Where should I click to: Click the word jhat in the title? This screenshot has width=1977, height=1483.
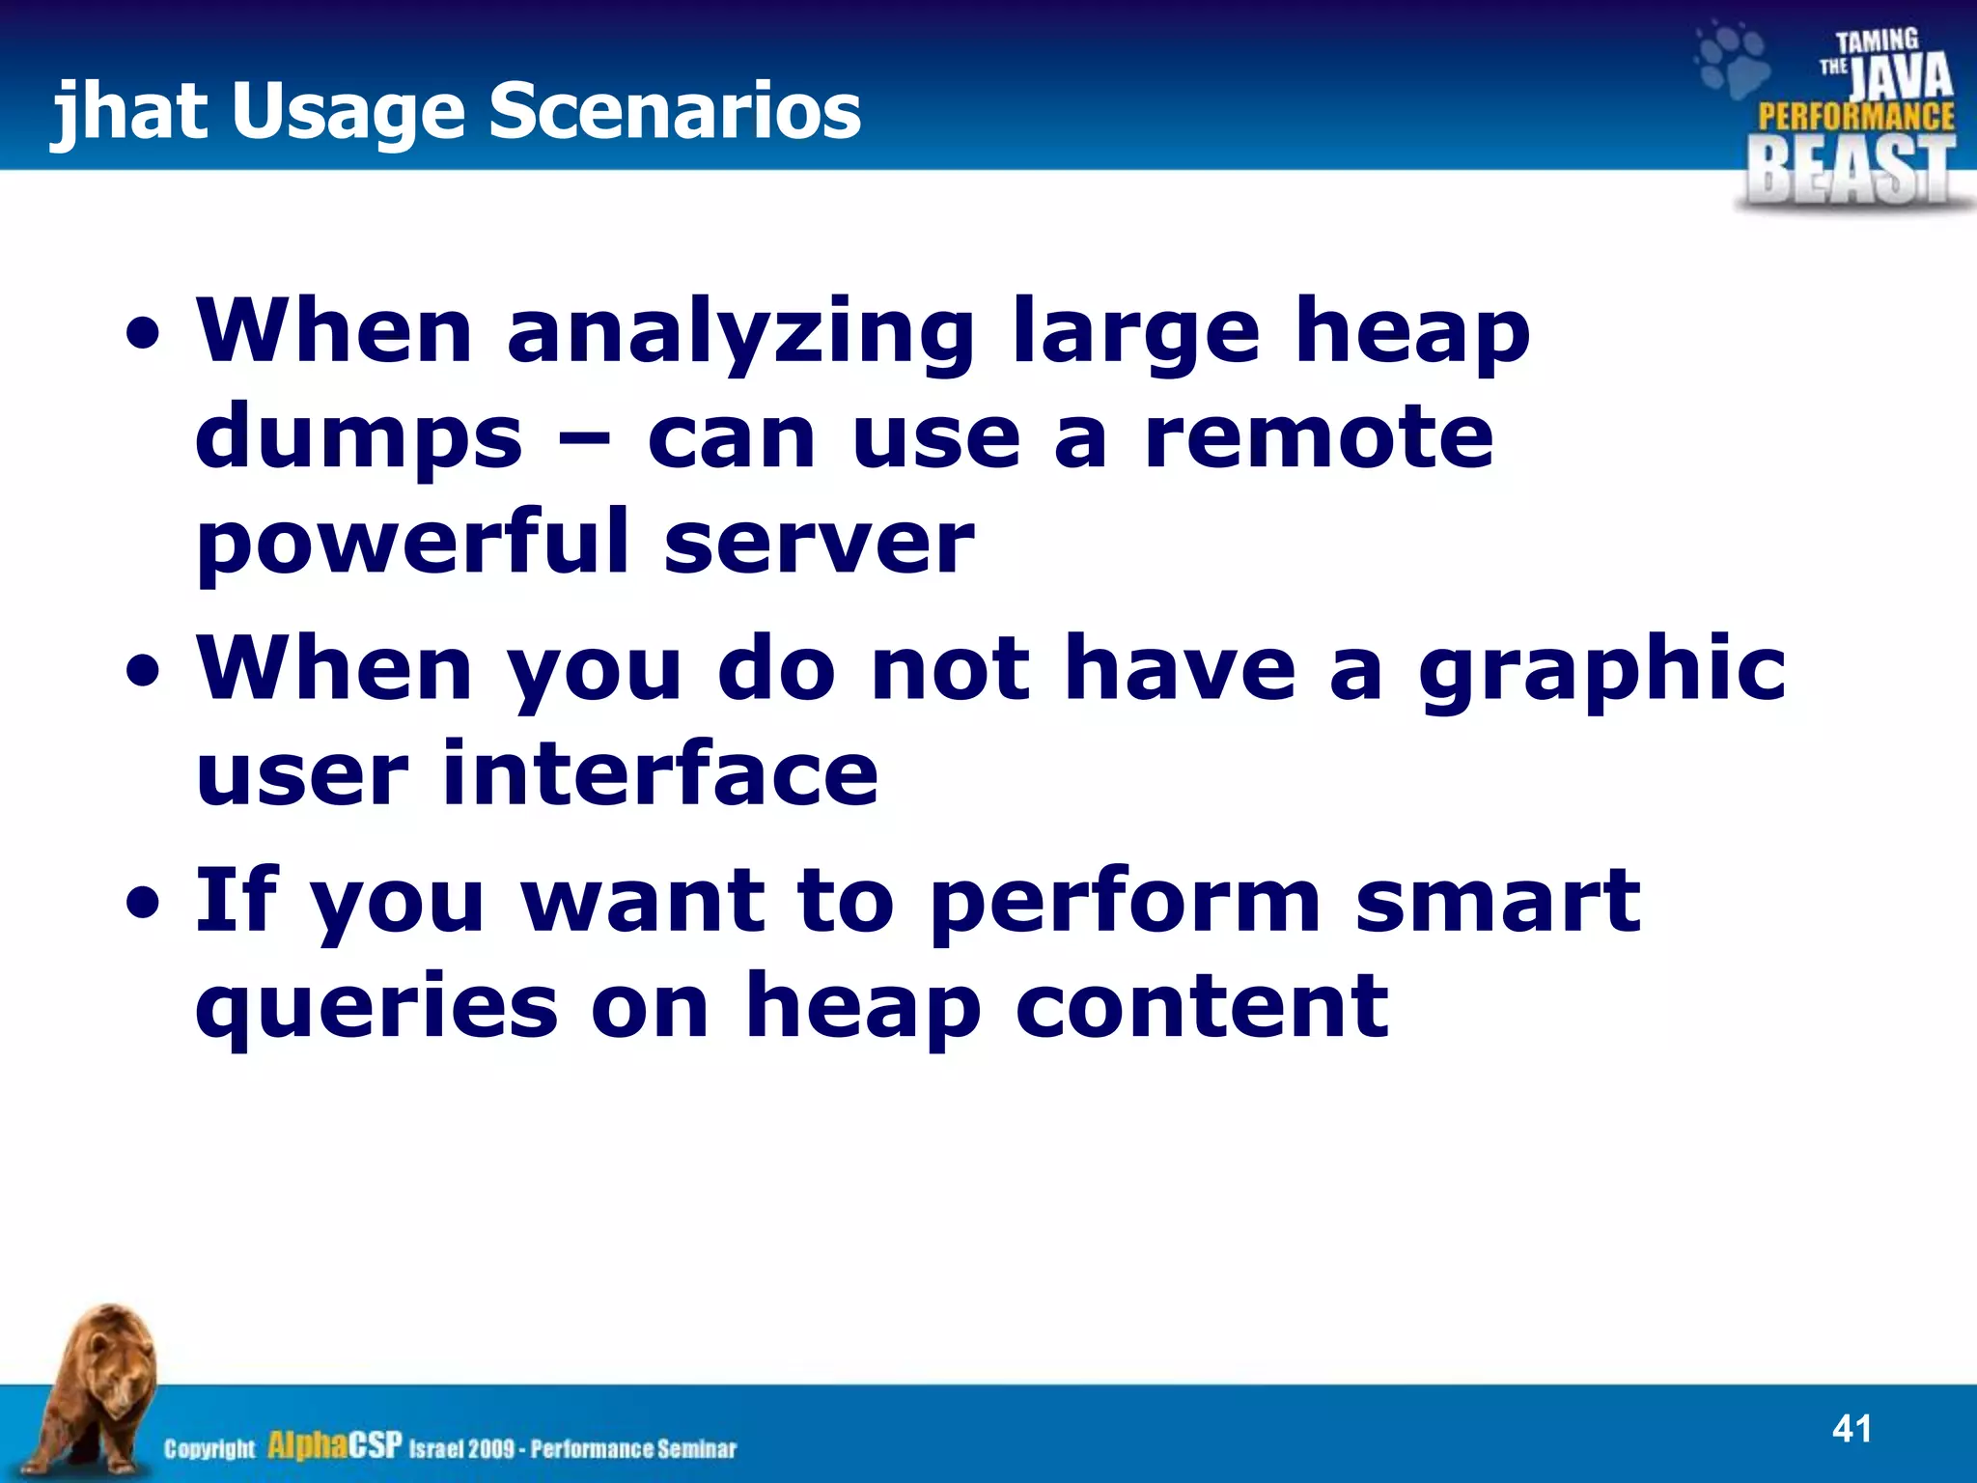point(129,111)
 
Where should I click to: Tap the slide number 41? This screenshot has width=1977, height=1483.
point(1851,1428)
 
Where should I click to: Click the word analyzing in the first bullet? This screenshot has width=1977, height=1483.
point(740,333)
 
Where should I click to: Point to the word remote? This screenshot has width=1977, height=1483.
point(1320,436)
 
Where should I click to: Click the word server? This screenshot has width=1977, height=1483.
point(819,542)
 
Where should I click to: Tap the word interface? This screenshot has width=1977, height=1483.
point(660,773)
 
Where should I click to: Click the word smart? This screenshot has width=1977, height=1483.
point(1497,900)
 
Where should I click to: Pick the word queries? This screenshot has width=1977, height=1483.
point(376,1007)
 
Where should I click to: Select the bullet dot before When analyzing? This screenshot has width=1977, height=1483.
point(144,337)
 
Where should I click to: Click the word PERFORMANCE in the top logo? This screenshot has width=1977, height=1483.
point(1855,117)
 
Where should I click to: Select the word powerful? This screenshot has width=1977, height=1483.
point(413,544)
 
